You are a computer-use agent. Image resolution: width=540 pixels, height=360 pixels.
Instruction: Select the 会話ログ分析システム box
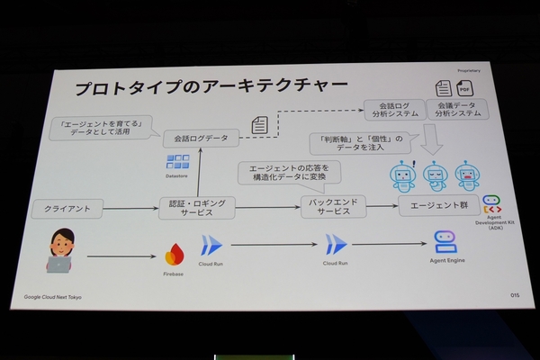(390, 110)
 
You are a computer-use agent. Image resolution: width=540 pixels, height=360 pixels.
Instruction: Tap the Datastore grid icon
(177, 163)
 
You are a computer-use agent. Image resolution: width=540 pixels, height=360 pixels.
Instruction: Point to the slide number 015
(514, 293)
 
